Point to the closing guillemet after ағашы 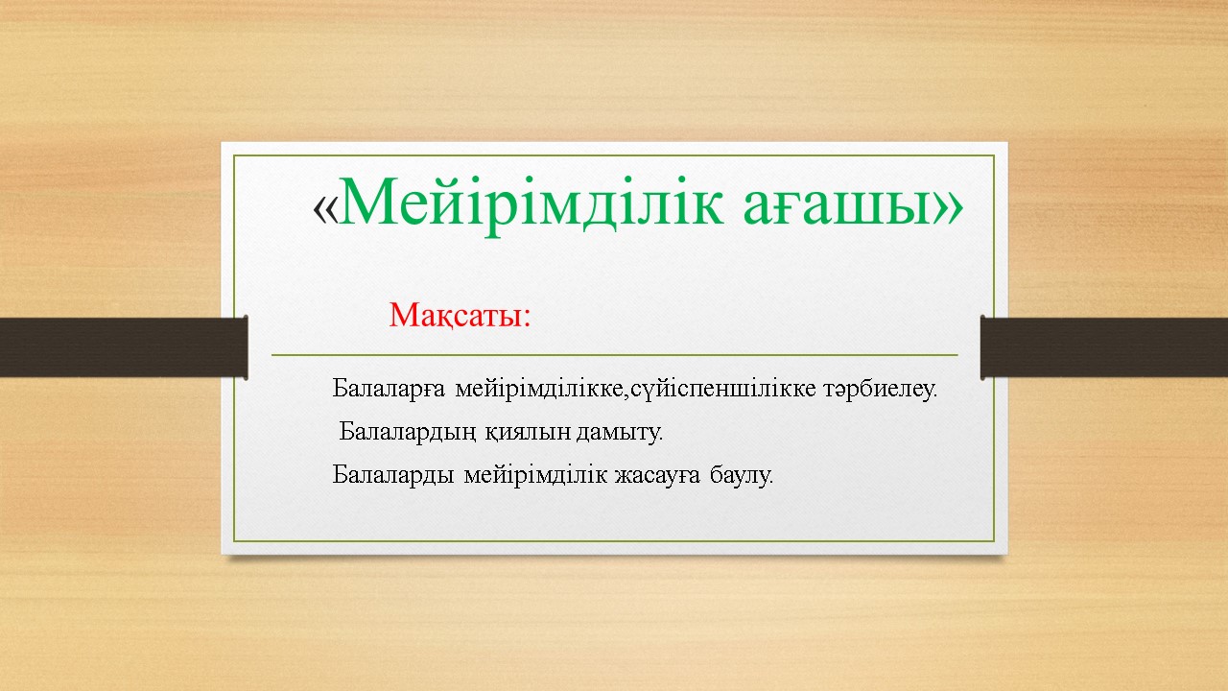(948, 208)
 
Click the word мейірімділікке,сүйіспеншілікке (636, 389)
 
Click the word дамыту (620, 433)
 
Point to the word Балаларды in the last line (392, 474)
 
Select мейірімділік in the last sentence (535, 474)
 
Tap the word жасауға (657, 475)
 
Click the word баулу (742, 475)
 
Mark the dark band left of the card (124, 347)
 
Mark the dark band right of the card (1104, 347)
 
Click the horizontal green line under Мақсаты (615, 355)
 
